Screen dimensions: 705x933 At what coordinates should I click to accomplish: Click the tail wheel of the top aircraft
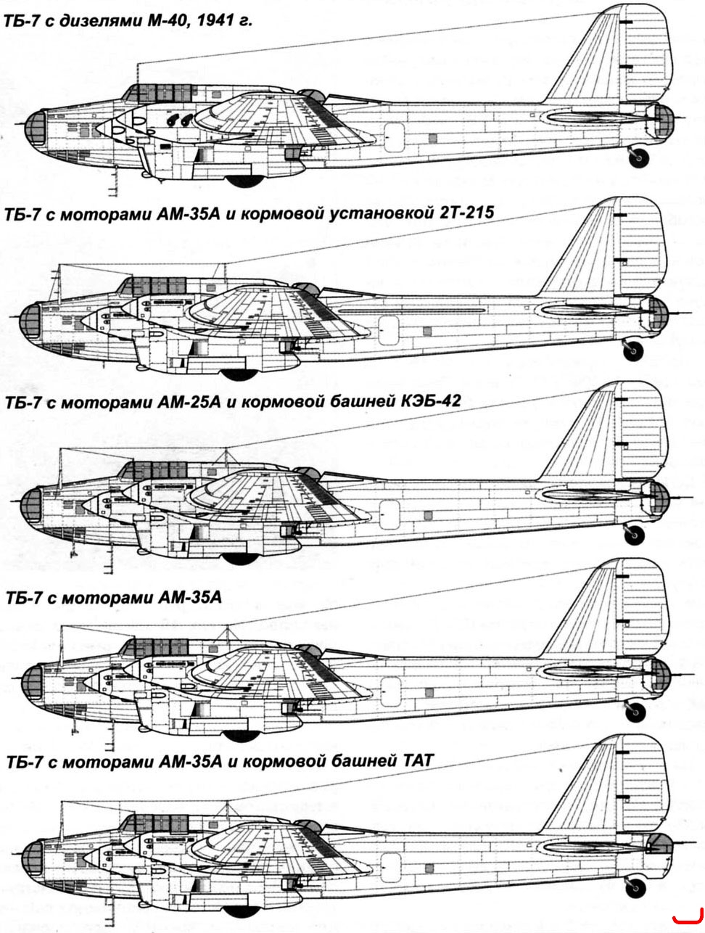[639, 157]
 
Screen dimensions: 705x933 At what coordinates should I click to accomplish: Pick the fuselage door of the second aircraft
[389, 330]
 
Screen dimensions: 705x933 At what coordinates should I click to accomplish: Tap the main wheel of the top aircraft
[245, 181]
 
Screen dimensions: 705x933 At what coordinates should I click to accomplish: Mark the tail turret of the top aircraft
[664, 120]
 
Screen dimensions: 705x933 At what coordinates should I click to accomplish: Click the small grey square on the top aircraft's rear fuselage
[432, 138]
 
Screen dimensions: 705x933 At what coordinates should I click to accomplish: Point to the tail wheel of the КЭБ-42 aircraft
[635, 535]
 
